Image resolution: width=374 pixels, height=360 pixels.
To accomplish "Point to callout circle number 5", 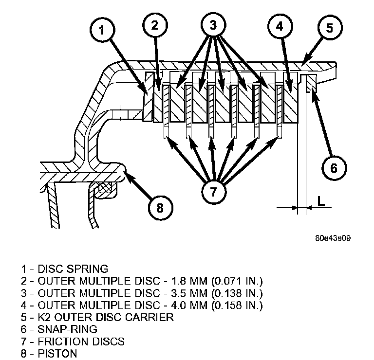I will (329, 27).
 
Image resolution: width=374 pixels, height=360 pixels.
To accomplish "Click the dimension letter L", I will (321, 200).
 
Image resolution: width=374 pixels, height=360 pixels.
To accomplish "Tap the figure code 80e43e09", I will (333, 238).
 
